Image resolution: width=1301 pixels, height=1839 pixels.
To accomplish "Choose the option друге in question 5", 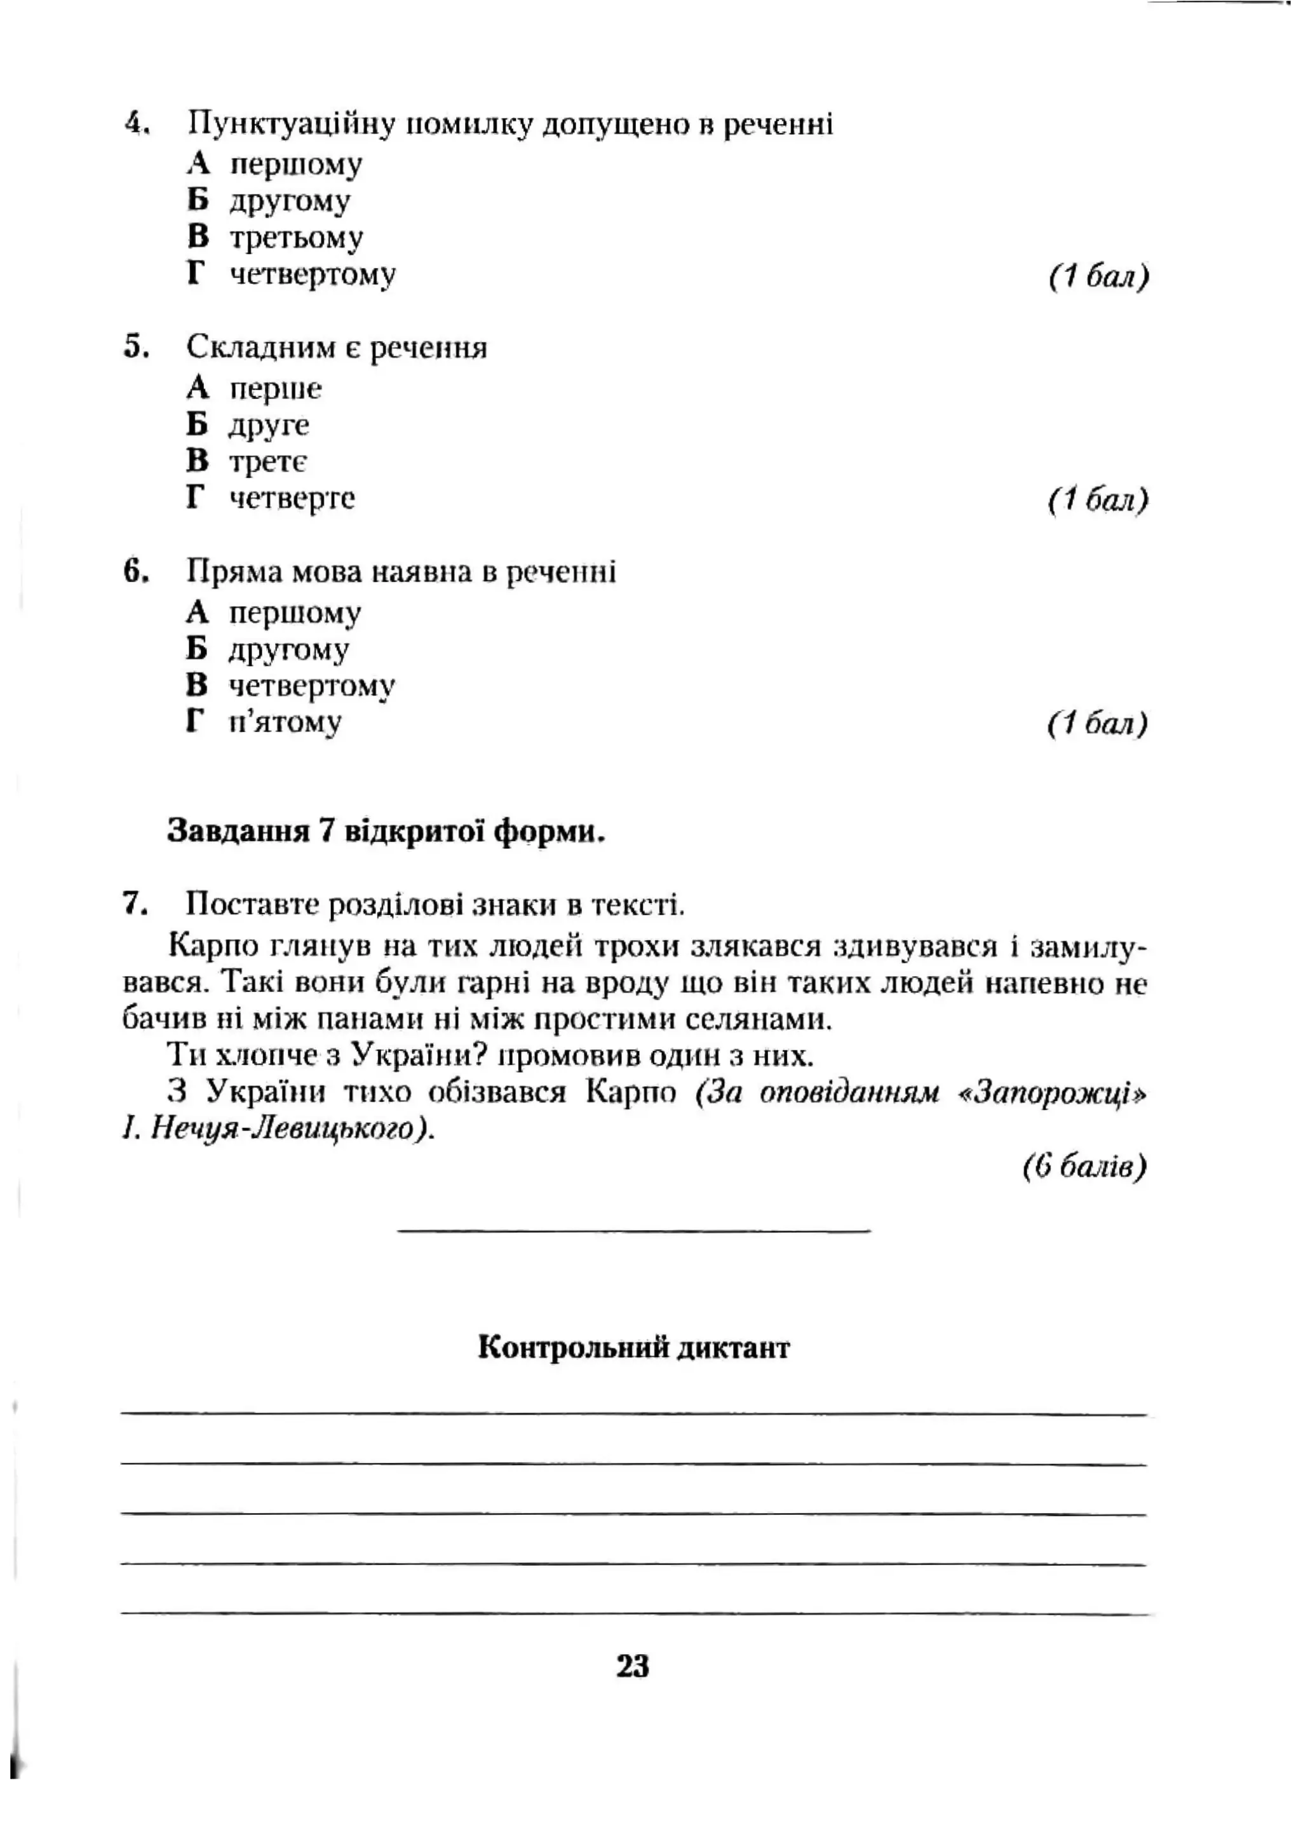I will (268, 424).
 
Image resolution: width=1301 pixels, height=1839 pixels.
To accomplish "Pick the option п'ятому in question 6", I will (285, 721).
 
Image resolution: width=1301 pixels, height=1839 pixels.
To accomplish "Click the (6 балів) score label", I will (1085, 1166).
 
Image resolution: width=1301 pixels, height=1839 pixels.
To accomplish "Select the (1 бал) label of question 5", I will (1098, 500).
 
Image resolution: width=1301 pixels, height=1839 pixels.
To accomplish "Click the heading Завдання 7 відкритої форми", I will (386, 831).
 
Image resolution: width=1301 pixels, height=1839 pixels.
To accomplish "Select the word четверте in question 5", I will (292, 498).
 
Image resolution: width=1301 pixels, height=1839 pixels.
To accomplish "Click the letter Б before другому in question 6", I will (196, 648).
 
